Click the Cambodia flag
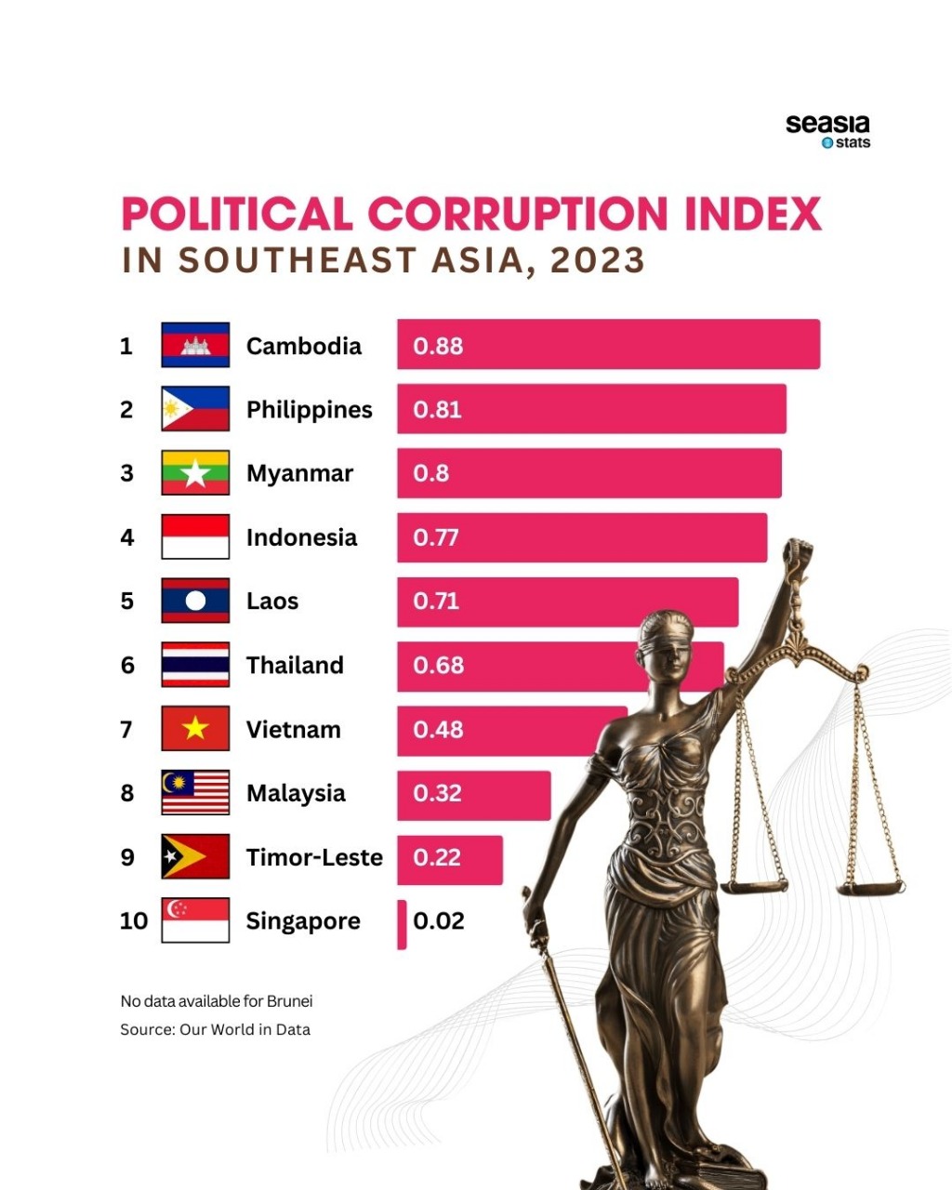point(195,345)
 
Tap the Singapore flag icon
point(195,920)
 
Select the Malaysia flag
point(195,793)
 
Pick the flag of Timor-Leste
point(195,856)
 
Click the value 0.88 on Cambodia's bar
point(438,346)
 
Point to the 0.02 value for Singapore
point(439,920)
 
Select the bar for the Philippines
point(591,409)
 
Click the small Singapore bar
point(402,924)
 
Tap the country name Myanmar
point(299,473)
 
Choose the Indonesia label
point(301,537)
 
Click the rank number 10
point(134,920)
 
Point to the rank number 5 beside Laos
point(127,602)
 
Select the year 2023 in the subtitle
point(597,260)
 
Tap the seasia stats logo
point(827,131)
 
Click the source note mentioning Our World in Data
point(215,1029)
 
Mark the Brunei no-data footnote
point(216,1001)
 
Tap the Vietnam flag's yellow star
point(195,728)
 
